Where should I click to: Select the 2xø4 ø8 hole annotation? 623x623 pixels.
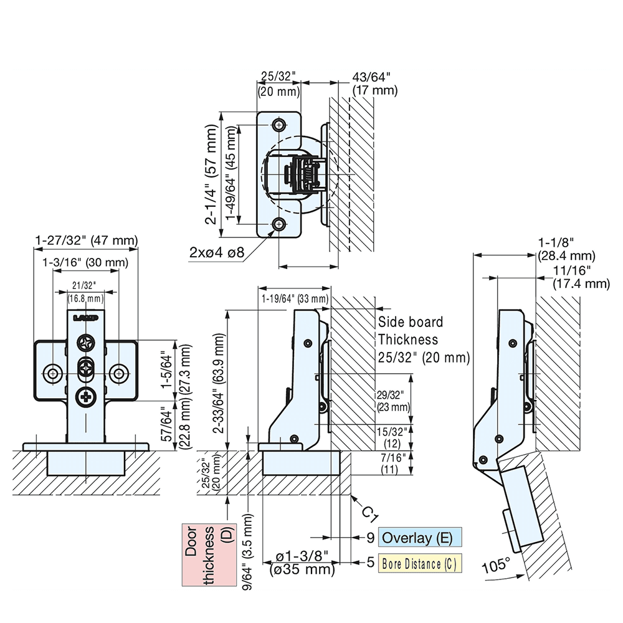[x=216, y=252]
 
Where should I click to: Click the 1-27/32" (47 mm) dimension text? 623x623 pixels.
[x=86, y=240]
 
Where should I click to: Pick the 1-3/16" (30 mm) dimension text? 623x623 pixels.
[x=85, y=262]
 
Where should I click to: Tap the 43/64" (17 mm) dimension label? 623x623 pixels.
[x=374, y=83]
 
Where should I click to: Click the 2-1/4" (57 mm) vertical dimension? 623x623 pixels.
[x=213, y=174]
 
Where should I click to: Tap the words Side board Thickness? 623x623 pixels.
[x=410, y=331]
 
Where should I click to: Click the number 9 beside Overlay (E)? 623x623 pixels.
[x=369, y=538]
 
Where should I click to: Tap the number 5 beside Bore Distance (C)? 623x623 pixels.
[x=369, y=563]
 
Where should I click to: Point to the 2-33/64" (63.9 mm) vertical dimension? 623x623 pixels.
[x=221, y=380]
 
